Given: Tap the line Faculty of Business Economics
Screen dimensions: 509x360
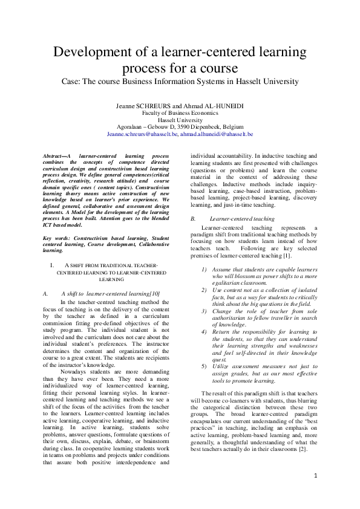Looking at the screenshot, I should tap(180, 113).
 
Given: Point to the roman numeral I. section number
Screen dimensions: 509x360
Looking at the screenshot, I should tap(53, 265).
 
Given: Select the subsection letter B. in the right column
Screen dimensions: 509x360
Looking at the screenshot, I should tap(193, 218).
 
